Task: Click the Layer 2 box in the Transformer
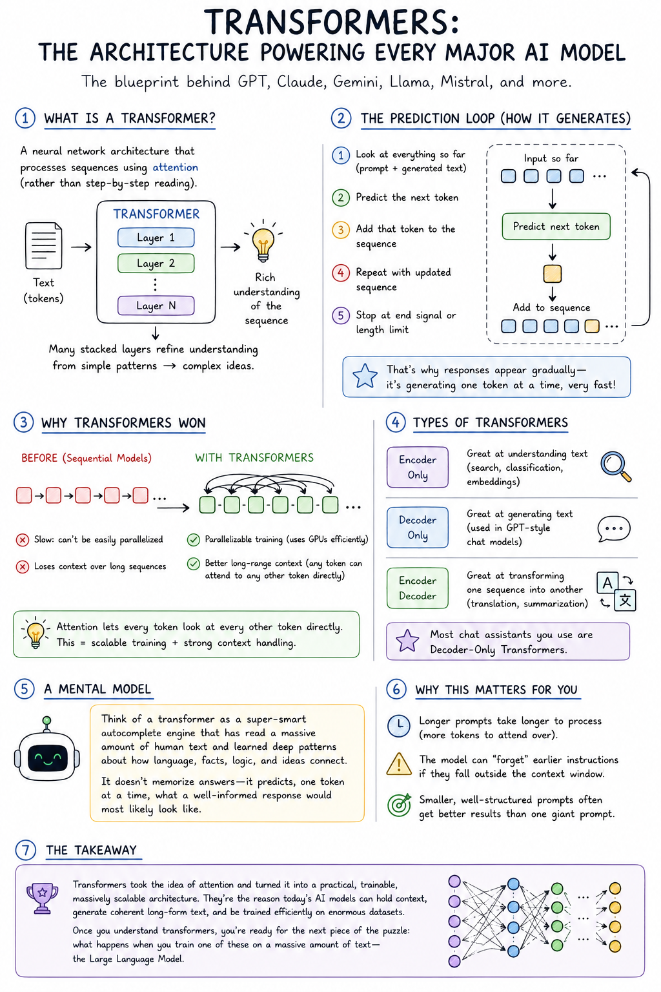[x=156, y=263]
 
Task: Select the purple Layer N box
[x=156, y=305]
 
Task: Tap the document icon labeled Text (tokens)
[x=43, y=246]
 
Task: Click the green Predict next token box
[x=556, y=226]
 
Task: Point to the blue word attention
[x=176, y=167]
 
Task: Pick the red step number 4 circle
[x=340, y=273]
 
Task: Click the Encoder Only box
[x=418, y=467]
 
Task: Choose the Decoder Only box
[x=418, y=528]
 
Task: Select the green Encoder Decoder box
[x=418, y=588]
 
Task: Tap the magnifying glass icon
[x=616, y=466]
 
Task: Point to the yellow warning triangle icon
[x=399, y=764]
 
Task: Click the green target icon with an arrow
[x=399, y=805]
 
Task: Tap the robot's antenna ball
[x=47, y=721]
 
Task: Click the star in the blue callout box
[x=365, y=376]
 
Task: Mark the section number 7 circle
[x=25, y=850]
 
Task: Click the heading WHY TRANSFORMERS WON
[x=123, y=423]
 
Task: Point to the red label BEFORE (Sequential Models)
[x=86, y=458]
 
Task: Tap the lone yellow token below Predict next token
[x=553, y=274]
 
